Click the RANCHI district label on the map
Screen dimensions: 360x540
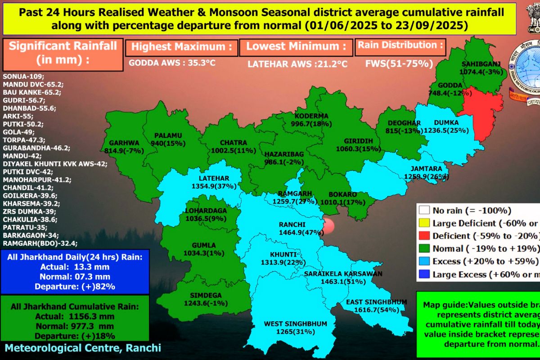click(292, 225)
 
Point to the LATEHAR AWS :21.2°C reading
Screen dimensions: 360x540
click(297, 64)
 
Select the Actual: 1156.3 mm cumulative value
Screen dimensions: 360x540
click(75, 317)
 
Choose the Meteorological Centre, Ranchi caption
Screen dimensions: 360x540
click(83, 348)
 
